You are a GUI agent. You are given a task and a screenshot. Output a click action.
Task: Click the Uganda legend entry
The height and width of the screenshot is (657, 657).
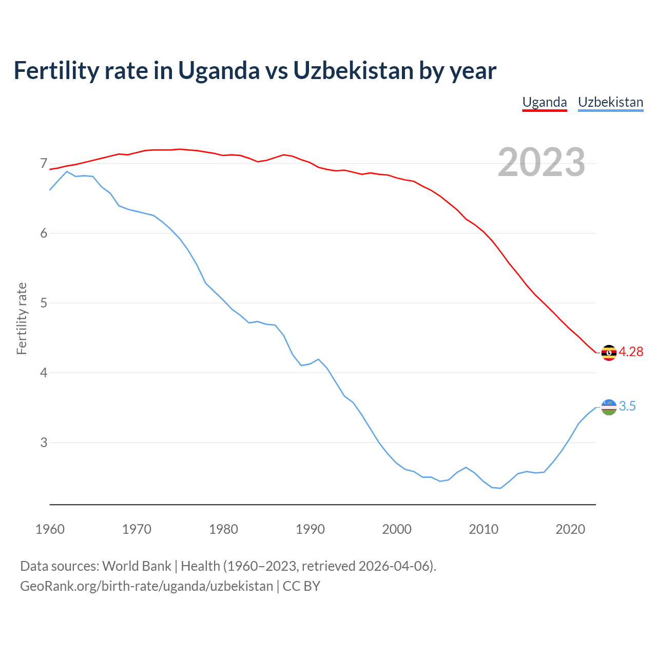[544, 102]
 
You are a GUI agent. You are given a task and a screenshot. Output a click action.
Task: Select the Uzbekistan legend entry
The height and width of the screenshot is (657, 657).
[610, 102]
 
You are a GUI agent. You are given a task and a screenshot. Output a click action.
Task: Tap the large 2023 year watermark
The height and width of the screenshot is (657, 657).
[541, 162]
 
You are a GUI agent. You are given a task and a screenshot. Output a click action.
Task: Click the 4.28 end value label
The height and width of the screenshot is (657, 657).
[631, 352]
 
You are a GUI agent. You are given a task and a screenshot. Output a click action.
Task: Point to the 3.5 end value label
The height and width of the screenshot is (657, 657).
[627, 406]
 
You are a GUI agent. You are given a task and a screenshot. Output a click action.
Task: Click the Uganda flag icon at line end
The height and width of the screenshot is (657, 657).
[609, 353]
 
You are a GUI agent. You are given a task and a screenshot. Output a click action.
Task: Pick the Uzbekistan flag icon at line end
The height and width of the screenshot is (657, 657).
[609, 407]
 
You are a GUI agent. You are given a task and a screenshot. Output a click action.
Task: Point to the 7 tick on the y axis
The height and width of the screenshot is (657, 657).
[44, 164]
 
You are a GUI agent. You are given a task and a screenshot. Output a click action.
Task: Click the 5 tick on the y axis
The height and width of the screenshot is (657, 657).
[44, 303]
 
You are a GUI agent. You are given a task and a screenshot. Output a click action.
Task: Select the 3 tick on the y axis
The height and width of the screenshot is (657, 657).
[44, 442]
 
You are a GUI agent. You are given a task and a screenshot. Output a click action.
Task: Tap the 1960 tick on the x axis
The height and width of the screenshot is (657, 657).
[50, 529]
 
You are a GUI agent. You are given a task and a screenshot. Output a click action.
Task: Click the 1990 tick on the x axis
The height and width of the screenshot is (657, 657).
[310, 529]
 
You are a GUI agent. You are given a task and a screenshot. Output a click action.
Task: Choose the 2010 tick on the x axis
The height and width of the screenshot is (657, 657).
[484, 529]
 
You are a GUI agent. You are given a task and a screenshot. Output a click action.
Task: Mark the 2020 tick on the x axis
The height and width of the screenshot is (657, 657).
[570, 529]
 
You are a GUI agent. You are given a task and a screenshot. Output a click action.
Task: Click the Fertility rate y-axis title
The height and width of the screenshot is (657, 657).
[22, 318]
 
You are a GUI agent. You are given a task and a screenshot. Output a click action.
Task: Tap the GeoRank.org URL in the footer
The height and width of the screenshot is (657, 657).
[146, 586]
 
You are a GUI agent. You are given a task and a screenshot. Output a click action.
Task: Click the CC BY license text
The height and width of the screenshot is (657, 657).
[301, 586]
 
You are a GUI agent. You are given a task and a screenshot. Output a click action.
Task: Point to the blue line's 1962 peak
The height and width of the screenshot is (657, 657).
[67, 171]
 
